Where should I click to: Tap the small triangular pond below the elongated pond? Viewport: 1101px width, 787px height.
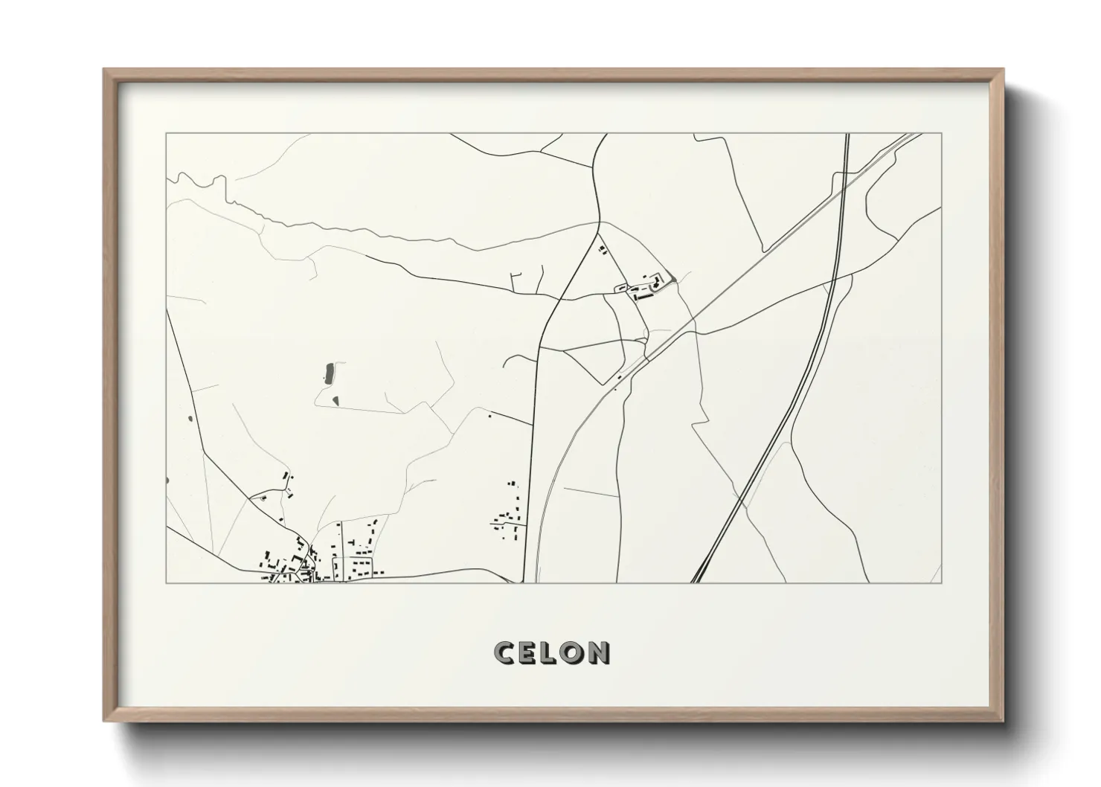(x=335, y=402)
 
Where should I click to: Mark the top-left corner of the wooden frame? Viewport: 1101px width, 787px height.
(x=105, y=70)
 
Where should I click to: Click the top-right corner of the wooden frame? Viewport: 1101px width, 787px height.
(x=1003, y=70)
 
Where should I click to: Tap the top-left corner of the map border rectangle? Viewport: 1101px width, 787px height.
(x=166, y=134)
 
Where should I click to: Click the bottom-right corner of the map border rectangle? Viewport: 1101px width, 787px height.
(x=942, y=582)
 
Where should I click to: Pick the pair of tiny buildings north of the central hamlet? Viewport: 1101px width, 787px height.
(x=603, y=250)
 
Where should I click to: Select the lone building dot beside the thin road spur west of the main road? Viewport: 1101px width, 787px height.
(x=489, y=417)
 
